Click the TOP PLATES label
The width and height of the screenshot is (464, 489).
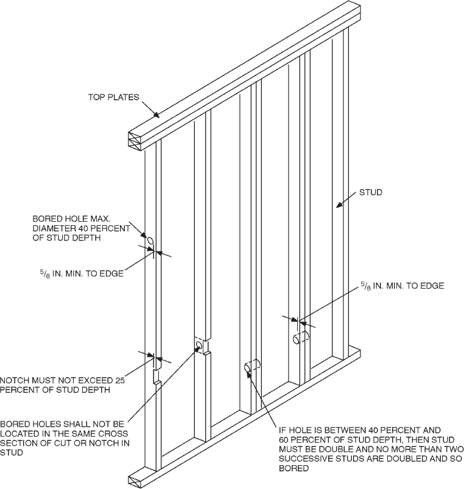(114, 97)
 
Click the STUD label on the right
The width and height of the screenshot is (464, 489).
(370, 192)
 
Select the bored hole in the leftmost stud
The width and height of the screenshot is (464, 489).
(150, 242)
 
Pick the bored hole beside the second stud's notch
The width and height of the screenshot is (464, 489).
(199, 346)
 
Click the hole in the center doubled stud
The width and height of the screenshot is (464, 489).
(248, 368)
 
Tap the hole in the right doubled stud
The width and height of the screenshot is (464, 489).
(297, 339)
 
